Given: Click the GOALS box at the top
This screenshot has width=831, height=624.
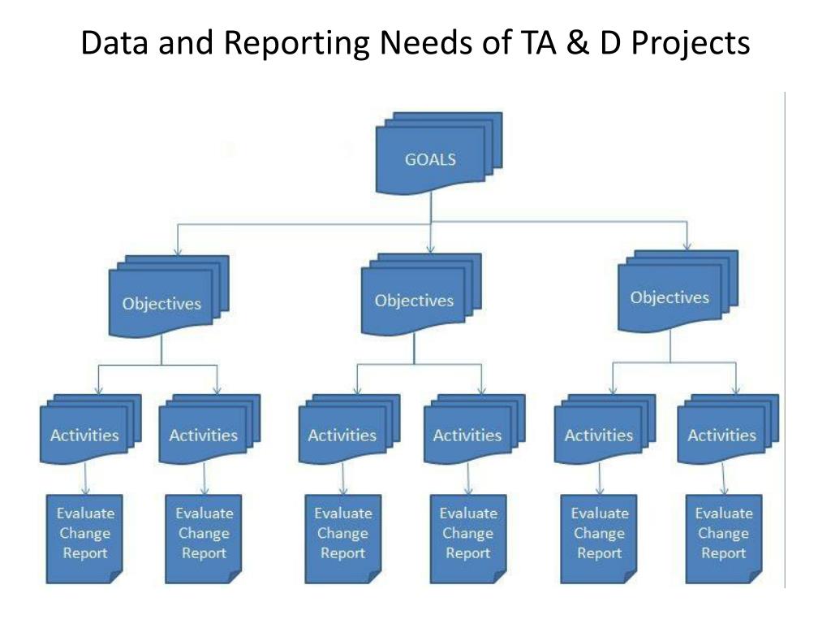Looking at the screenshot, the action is pos(430,159).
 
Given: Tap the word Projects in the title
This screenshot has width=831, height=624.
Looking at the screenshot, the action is pos(691,43).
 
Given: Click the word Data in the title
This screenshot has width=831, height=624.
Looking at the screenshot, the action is pos(112,43).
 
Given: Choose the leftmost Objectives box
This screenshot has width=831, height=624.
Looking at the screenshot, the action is pos(161,304).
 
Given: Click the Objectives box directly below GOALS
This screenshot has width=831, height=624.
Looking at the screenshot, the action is pos(414,301).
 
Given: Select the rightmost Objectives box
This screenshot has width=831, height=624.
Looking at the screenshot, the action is pos(670,297).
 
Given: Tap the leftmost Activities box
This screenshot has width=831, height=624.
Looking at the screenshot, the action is pos(84,435).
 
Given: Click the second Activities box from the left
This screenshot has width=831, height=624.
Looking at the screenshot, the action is pos(203,435).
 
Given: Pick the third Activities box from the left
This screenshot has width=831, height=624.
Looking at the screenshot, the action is pos(342,435).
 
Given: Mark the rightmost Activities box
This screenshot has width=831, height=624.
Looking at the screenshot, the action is pos(721,435).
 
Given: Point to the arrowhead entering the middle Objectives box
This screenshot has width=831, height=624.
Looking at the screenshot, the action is pos(430,246).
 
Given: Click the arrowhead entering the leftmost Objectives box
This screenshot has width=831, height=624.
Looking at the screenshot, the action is pos(178,250).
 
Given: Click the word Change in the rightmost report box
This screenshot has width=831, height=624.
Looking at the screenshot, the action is pos(723,534).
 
